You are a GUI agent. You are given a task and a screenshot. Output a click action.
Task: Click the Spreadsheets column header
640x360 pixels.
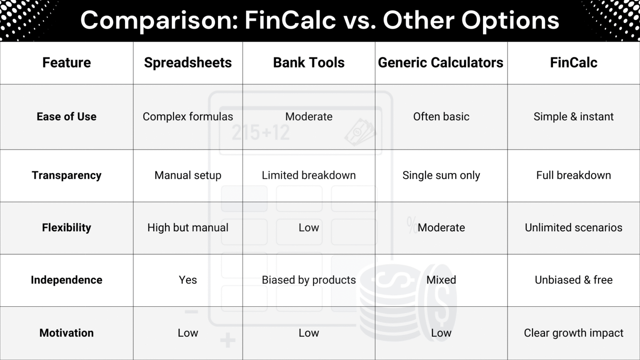click(188, 62)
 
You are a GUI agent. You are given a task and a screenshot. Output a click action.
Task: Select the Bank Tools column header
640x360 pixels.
click(309, 62)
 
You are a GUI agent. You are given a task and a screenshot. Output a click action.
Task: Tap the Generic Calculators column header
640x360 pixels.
click(440, 62)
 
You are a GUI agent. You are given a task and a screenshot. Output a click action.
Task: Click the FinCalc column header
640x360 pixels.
click(573, 62)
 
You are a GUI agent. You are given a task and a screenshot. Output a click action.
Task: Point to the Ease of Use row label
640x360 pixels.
click(67, 117)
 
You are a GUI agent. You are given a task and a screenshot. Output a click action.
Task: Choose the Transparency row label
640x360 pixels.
click(67, 175)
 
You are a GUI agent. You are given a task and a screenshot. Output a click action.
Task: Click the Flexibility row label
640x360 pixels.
click(67, 227)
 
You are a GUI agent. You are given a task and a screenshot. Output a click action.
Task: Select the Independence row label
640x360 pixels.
click(67, 280)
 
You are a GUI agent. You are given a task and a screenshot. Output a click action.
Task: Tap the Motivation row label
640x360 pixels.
click(67, 333)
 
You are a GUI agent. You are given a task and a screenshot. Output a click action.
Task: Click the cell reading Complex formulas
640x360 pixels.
click(188, 117)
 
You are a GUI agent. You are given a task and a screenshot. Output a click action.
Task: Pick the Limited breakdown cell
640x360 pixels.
click(309, 175)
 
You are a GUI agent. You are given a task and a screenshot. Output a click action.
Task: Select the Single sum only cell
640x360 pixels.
click(441, 175)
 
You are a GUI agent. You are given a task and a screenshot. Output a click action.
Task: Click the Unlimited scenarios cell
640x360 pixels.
click(573, 227)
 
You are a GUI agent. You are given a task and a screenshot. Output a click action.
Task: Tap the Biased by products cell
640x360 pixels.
click(309, 280)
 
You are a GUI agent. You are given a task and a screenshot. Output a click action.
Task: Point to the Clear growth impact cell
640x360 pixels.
click(573, 333)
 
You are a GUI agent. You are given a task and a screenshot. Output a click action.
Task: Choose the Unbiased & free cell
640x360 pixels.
click(573, 280)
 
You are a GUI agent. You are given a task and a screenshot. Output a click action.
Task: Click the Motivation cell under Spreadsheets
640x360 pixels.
click(188, 333)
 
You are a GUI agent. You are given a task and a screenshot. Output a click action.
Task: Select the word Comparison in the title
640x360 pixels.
click(159, 20)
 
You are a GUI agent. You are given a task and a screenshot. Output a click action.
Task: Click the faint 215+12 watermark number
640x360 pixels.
click(261, 133)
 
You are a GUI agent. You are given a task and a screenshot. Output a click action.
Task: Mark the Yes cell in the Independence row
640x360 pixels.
click(188, 280)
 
